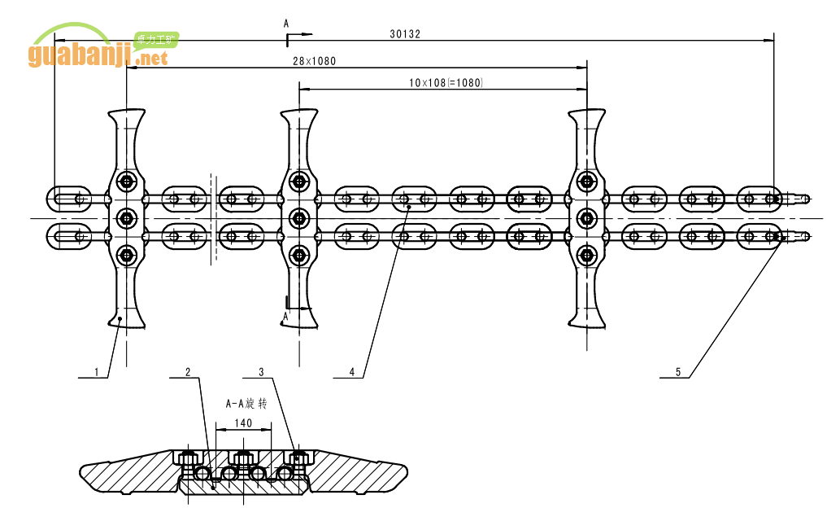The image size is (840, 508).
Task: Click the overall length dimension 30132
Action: coord(405,34)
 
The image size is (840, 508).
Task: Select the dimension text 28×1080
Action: coord(314,61)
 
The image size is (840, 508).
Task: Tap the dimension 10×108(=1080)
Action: coord(446,82)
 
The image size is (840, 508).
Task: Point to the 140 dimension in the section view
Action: coord(242,423)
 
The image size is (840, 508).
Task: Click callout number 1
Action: coord(97,372)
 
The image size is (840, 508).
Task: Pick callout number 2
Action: coord(188,372)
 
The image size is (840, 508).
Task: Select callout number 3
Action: coord(261,372)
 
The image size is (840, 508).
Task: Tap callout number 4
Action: coord(351,372)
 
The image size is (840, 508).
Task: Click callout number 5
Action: coord(677,372)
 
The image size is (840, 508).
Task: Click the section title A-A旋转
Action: coord(246,403)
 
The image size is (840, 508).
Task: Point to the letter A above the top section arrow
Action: coord(286,24)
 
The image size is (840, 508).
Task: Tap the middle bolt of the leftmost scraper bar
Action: coord(126,217)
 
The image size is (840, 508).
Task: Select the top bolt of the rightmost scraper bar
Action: coord(585,181)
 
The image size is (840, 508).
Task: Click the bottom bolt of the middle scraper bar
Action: coord(298,255)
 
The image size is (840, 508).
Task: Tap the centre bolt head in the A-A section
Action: coord(242,457)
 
